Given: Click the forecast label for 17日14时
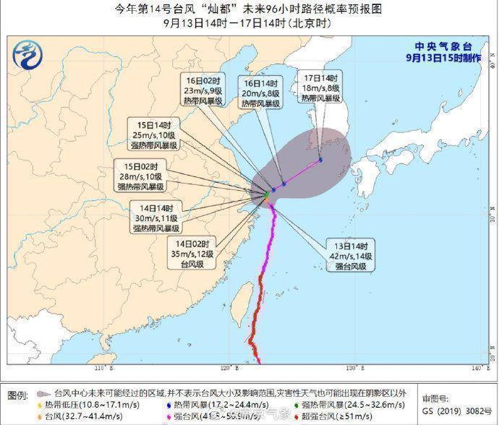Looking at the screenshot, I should pos(320,87).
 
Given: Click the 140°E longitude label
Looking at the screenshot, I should pos(474,369).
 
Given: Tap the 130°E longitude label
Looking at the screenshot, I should pos(352,369).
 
